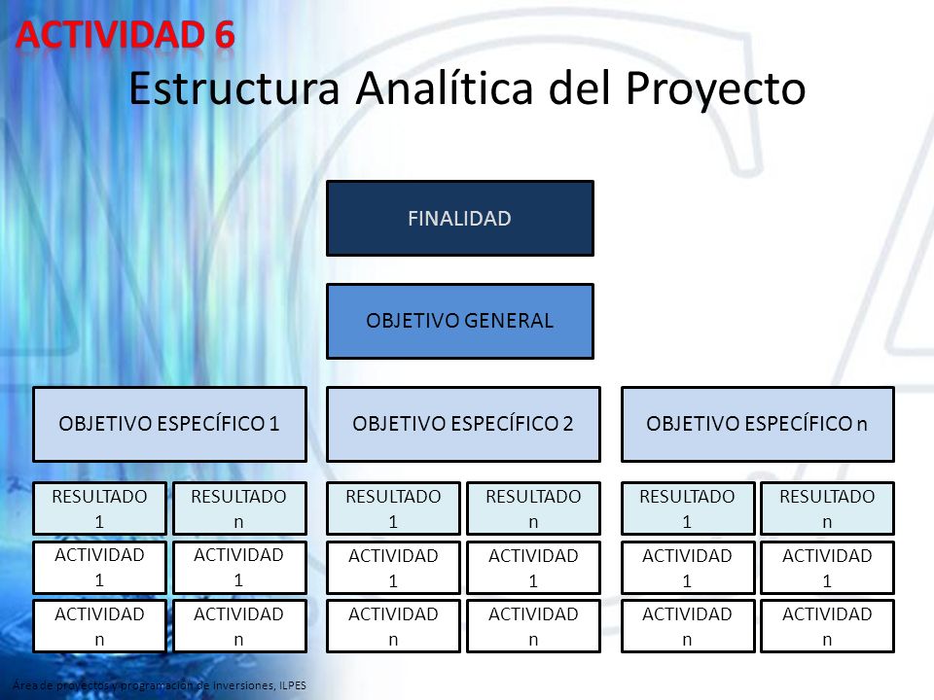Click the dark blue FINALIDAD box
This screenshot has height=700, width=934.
pos(460,219)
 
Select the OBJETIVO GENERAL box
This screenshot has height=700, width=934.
pos(460,322)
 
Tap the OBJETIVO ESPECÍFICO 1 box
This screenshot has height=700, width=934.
pos(169,425)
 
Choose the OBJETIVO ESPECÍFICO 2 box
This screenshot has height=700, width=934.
pos(463,425)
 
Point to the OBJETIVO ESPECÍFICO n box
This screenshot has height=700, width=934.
pos(758,425)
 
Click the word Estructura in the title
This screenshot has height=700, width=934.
pos(234,88)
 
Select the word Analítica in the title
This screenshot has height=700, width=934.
pos(445,87)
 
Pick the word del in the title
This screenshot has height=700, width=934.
pos(579,87)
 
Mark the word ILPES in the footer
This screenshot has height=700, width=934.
pos(293,685)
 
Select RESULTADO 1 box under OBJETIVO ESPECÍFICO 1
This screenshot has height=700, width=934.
pos(99,508)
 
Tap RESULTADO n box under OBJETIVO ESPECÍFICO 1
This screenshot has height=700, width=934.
pos(239,508)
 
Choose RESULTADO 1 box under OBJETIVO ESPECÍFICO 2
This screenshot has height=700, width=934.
pos(393,508)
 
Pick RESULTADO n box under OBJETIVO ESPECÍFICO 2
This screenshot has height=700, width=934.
pos(534,508)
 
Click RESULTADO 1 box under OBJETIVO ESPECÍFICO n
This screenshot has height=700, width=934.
pos(688,508)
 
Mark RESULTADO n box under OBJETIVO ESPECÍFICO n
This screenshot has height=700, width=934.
pos(827,508)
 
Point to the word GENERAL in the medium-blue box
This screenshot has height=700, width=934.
pos(509,321)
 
